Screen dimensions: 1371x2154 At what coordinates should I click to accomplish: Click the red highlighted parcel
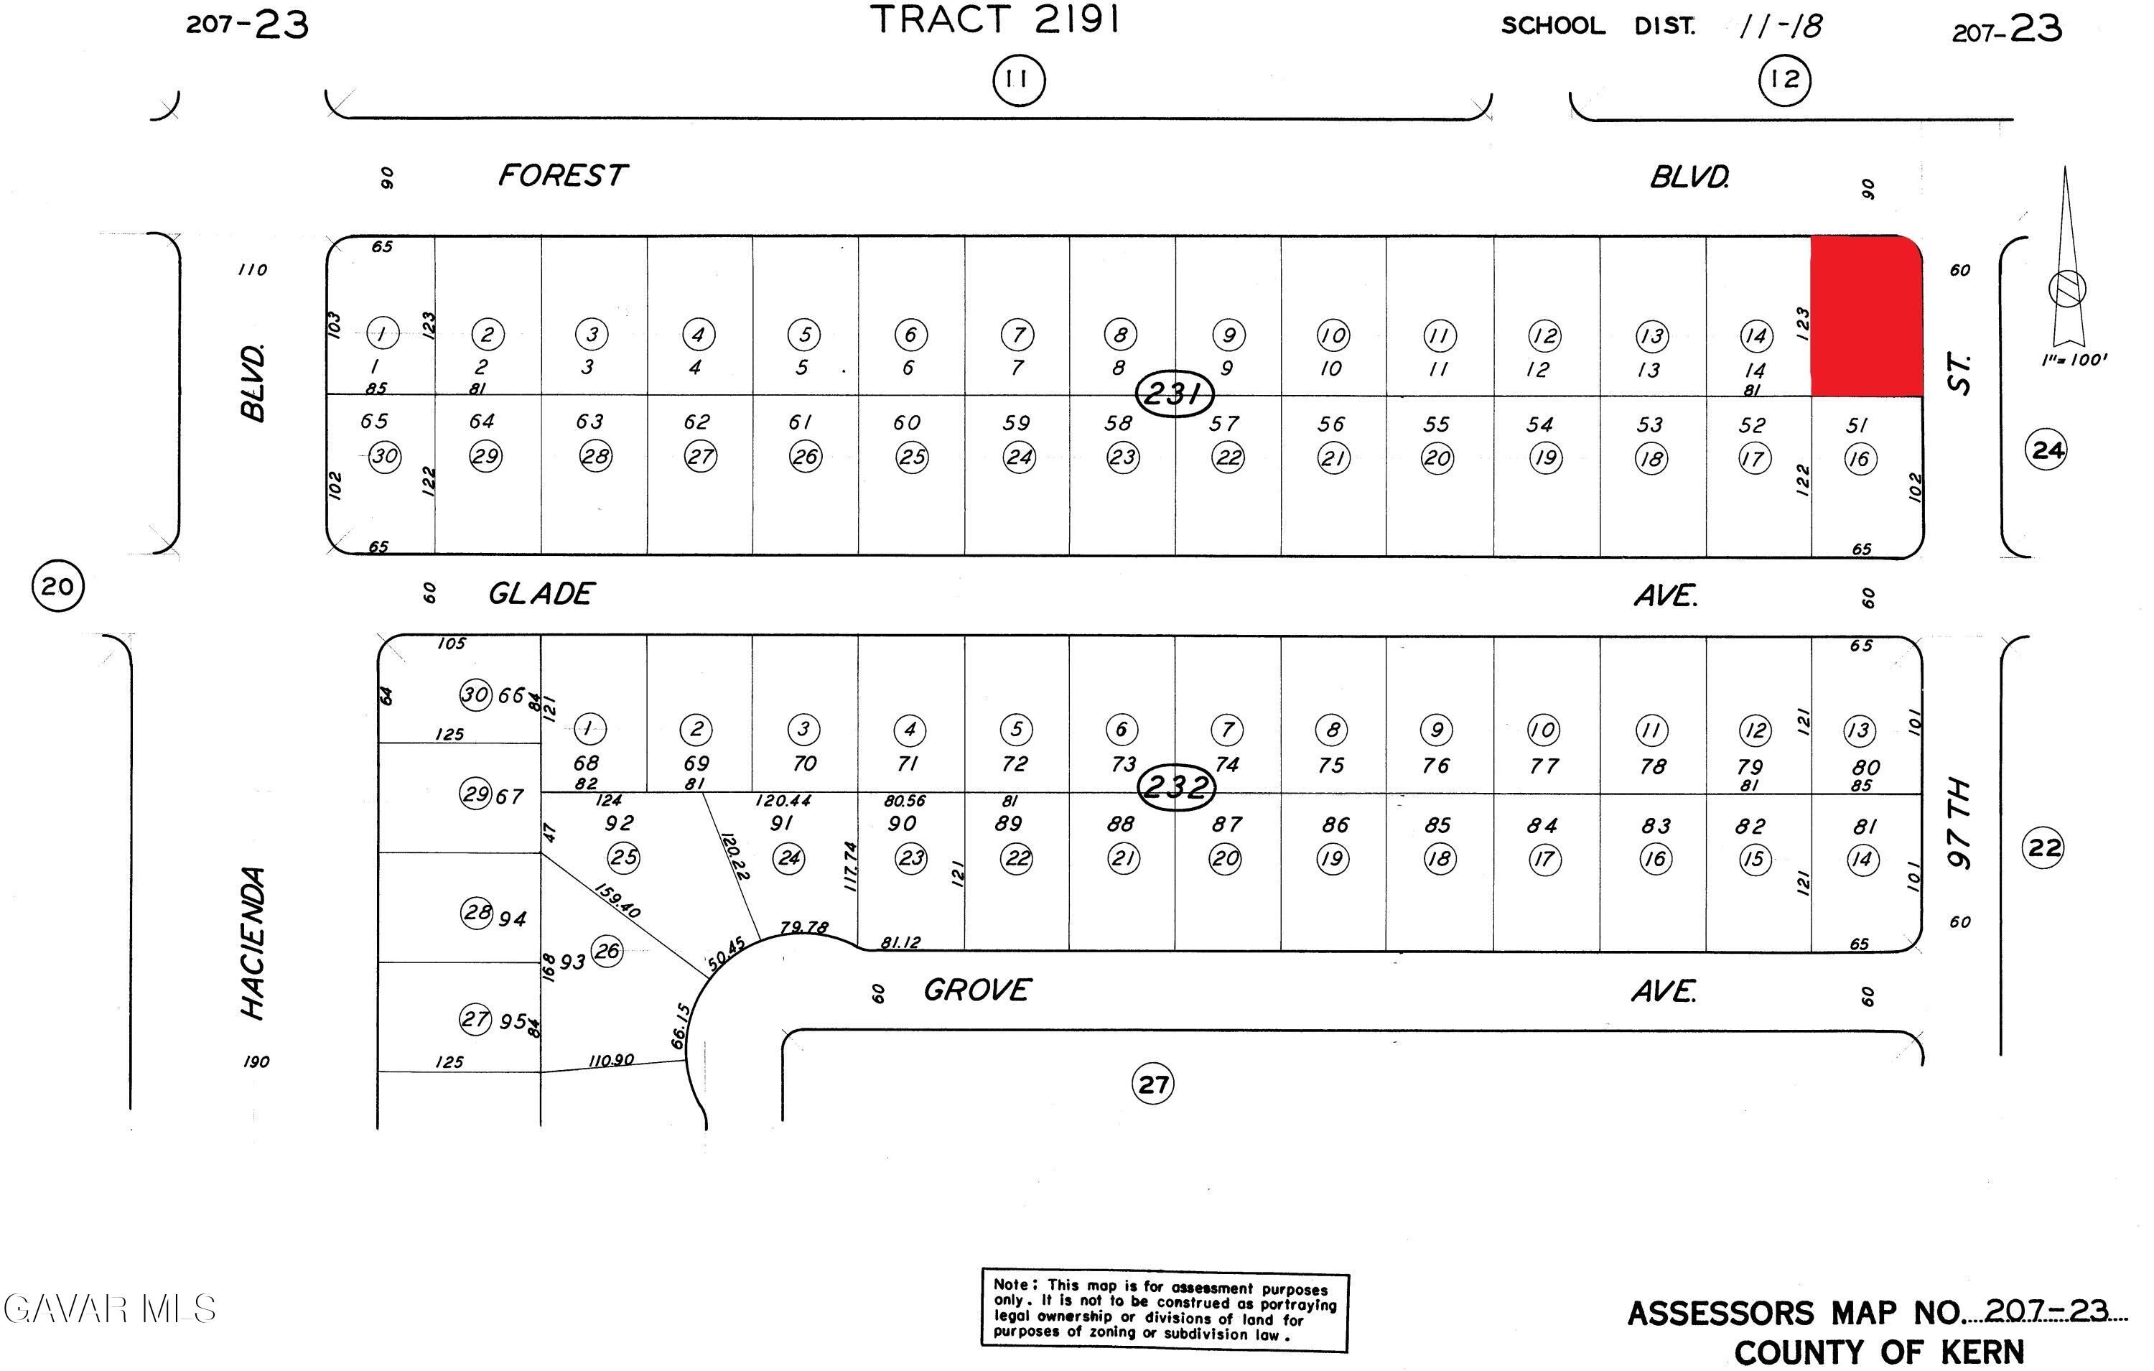[1866, 315]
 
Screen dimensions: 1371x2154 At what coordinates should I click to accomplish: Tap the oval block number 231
[1175, 393]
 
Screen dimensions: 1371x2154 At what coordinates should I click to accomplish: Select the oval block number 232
[1175, 788]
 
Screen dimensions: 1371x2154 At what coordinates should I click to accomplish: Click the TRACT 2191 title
[996, 19]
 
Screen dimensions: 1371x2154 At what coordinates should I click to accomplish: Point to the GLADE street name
[541, 594]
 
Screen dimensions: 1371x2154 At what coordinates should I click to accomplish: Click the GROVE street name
[976, 990]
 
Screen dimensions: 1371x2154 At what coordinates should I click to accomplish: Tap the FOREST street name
[563, 175]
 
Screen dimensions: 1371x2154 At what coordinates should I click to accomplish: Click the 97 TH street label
[1959, 823]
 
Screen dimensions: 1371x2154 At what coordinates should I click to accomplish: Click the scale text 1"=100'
[2074, 360]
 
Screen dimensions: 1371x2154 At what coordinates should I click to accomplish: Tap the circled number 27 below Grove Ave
[1152, 1084]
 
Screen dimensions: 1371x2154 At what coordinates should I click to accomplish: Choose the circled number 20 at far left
[58, 586]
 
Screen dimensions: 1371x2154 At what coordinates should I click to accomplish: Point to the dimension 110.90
[611, 1061]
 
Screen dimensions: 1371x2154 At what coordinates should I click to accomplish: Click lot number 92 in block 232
[619, 822]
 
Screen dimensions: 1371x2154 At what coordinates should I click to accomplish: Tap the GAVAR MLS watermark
[109, 1309]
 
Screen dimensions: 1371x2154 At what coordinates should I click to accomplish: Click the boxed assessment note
[1164, 1310]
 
